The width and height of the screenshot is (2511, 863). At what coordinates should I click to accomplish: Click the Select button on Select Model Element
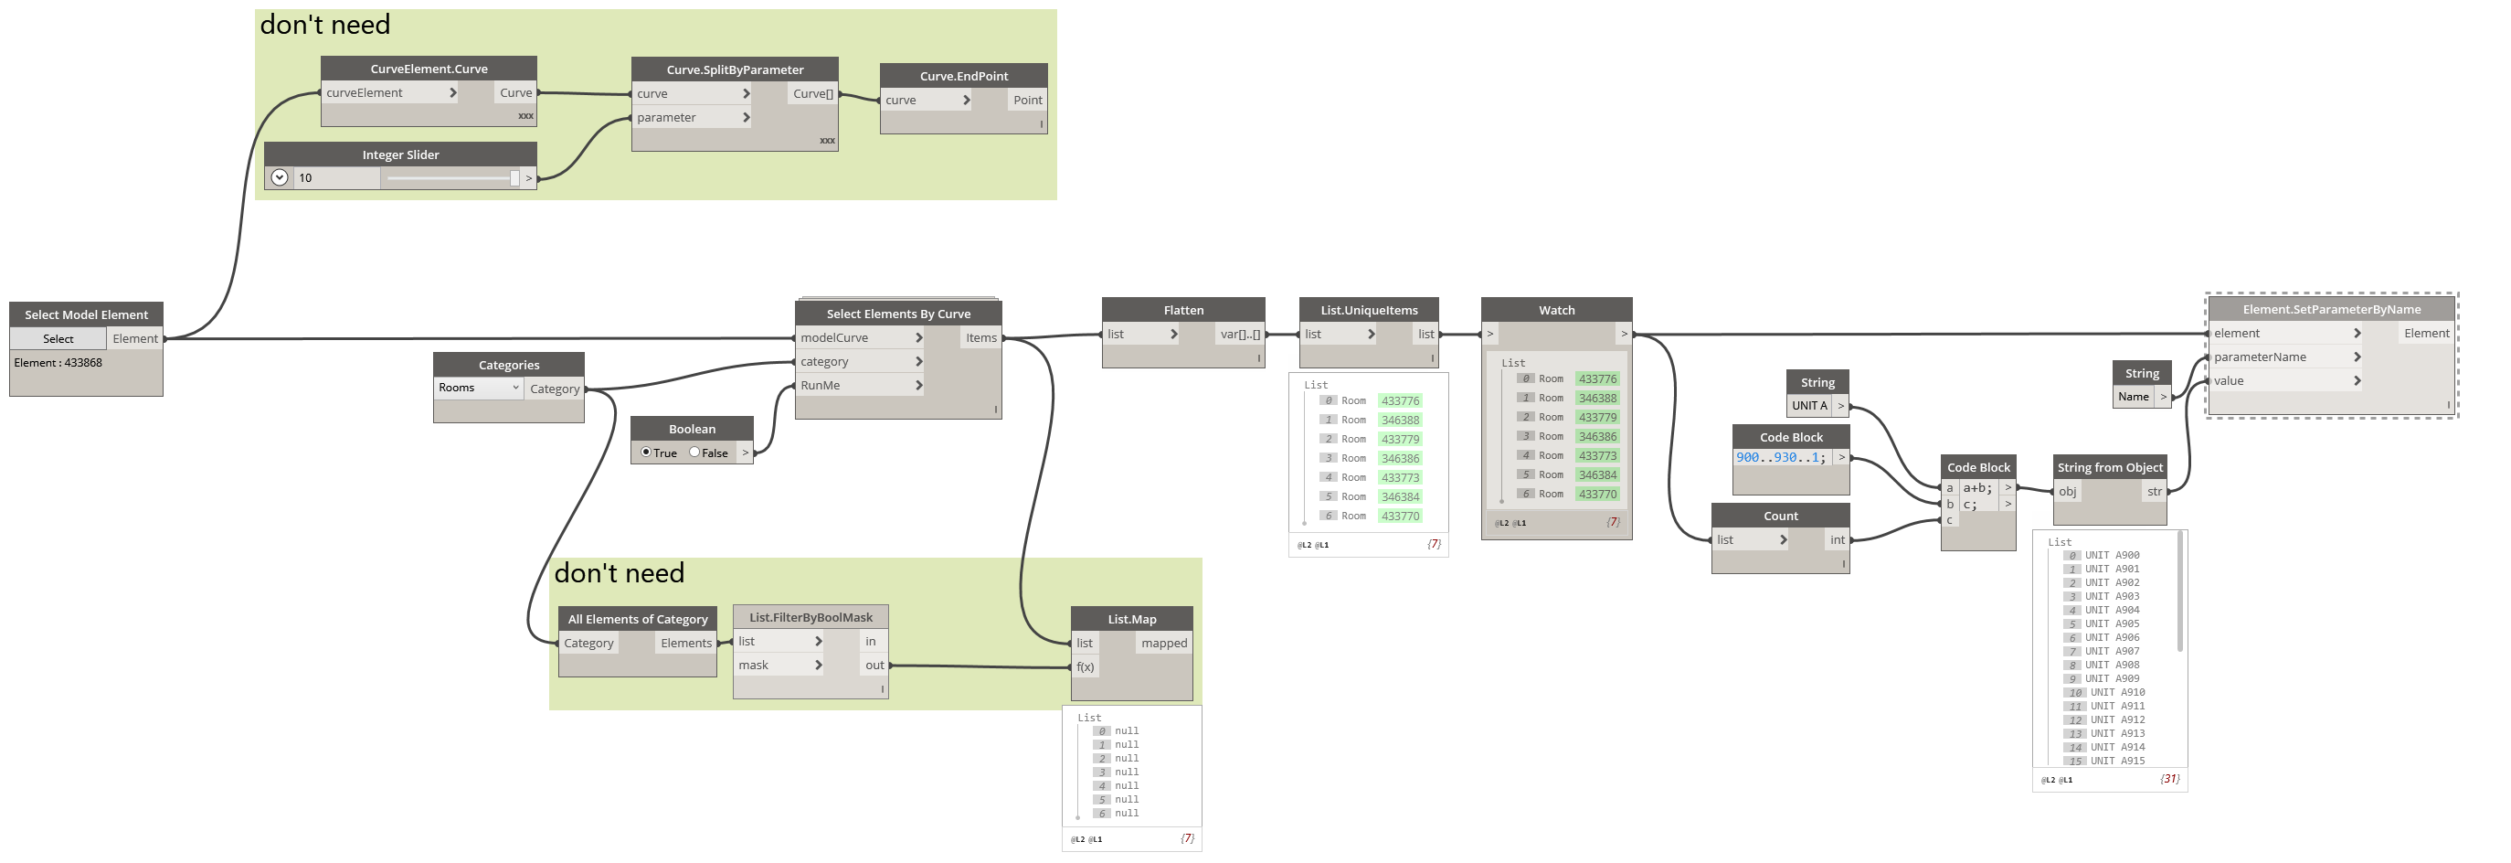click(58, 338)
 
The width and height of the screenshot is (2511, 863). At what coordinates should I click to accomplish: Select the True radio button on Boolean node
click(646, 453)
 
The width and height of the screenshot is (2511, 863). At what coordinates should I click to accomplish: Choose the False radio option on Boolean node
click(695, 453)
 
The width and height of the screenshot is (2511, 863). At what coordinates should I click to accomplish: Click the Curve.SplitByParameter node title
click(734, 69)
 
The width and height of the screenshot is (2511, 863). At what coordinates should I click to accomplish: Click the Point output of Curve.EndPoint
click(1026, 100)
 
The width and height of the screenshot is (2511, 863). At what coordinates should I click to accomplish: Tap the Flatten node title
click(1182, 310)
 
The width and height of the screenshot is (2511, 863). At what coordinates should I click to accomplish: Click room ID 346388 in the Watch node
click(1596, 398)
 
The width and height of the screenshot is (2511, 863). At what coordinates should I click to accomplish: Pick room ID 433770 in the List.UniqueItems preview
click(1400, 516)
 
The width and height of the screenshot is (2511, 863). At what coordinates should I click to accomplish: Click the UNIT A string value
click(1809, 406)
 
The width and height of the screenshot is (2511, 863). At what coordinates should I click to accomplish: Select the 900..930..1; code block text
click(1780, 457)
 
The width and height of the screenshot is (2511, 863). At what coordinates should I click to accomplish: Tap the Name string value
click(2133, 397)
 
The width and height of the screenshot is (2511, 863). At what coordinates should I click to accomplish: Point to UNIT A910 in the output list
click(2116, 692)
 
